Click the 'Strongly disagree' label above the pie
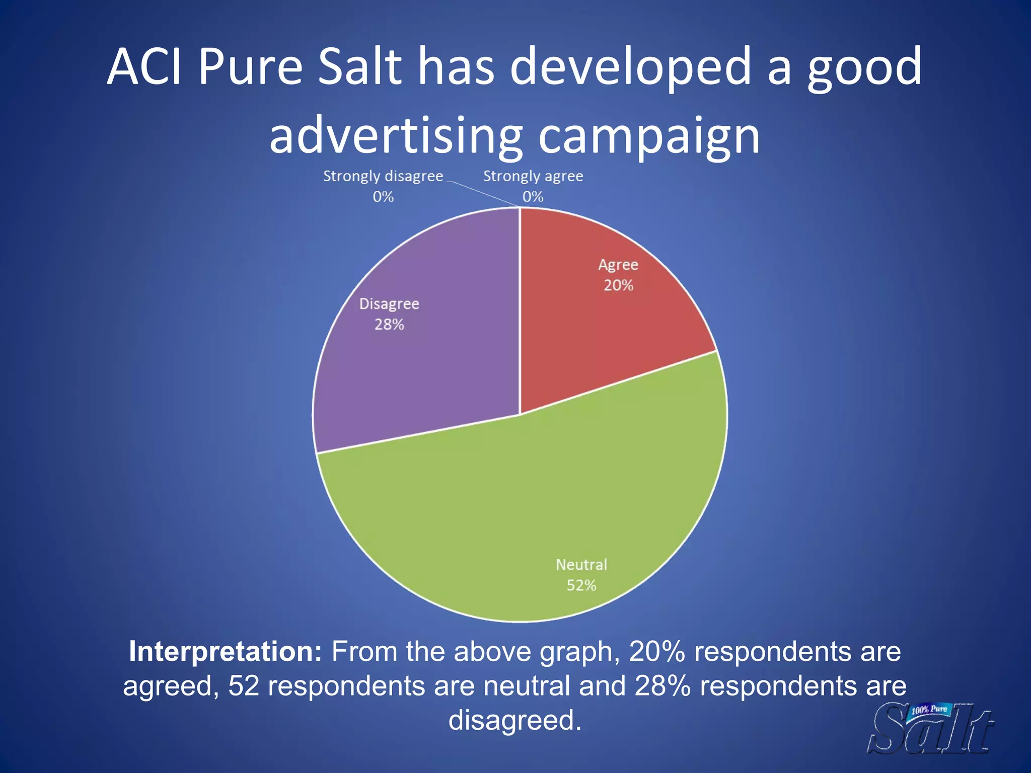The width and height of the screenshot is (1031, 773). (383, 176)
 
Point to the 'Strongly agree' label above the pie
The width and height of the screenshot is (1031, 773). (533, 176)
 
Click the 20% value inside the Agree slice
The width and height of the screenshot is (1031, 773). (618, 285)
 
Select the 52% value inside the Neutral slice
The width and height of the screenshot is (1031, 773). (581, 585)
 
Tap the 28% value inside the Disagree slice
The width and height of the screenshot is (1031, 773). (389, 325)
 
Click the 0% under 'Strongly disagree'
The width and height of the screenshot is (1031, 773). (383, 197)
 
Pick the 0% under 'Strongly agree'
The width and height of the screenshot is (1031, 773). (533, 197)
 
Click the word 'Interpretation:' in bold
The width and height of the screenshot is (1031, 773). (225, 651)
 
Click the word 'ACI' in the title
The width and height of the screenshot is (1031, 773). (144, 67)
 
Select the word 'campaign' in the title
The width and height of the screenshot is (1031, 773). (649, 136)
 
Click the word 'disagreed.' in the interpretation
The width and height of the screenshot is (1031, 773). (515, 720)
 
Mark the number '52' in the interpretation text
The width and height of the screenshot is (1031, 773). (244, 685)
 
